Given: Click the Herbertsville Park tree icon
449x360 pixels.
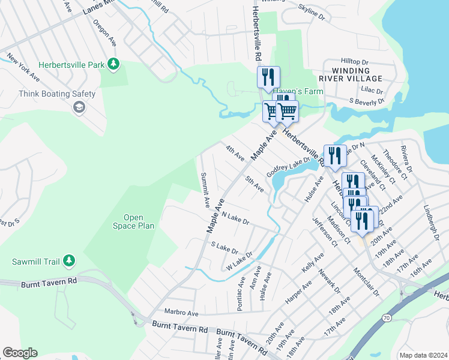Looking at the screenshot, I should (113, 64).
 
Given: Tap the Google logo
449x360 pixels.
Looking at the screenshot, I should (20, 353).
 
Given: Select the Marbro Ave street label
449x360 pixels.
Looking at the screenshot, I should (181, 313).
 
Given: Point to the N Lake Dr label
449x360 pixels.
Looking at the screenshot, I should (235, 217).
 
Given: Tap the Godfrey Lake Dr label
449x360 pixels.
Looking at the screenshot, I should (288, 165).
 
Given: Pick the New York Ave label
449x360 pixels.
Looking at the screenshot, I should (23, 68).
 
